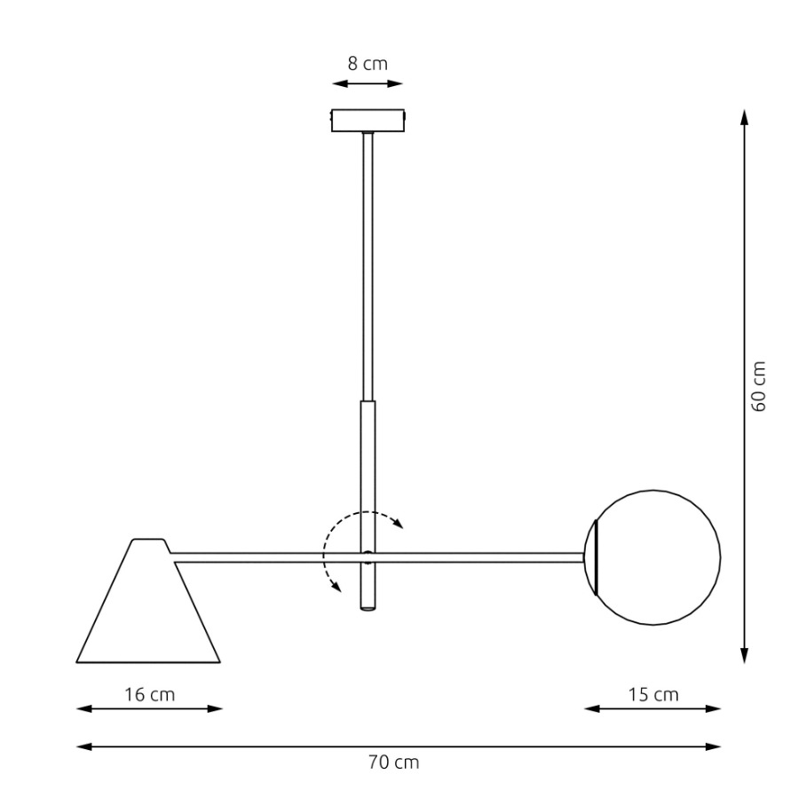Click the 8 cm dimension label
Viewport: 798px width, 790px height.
click(367, 64)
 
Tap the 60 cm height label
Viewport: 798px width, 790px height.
click(758, 386)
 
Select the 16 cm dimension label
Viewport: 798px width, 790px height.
click(150, 695)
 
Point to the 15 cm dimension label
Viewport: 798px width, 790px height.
click(653, 695)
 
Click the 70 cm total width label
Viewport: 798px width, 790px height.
click(394, 762)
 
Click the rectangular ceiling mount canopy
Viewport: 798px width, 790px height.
click(367, 120)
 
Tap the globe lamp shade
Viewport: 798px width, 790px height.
click(657, 557)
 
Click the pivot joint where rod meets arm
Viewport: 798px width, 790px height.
click(367, 557)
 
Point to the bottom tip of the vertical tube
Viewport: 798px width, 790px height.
click(367, 608)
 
